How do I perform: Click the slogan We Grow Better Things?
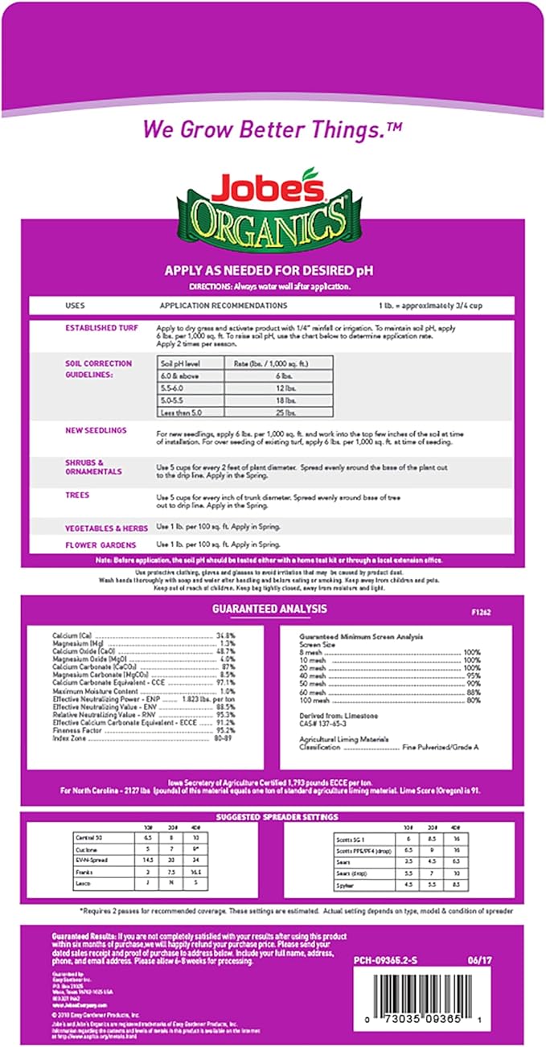(x=272, y=129)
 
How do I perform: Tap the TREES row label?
(x=77, y=495)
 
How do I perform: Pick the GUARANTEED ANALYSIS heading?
(x=269, y=610)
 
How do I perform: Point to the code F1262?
(x=480, y=612)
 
